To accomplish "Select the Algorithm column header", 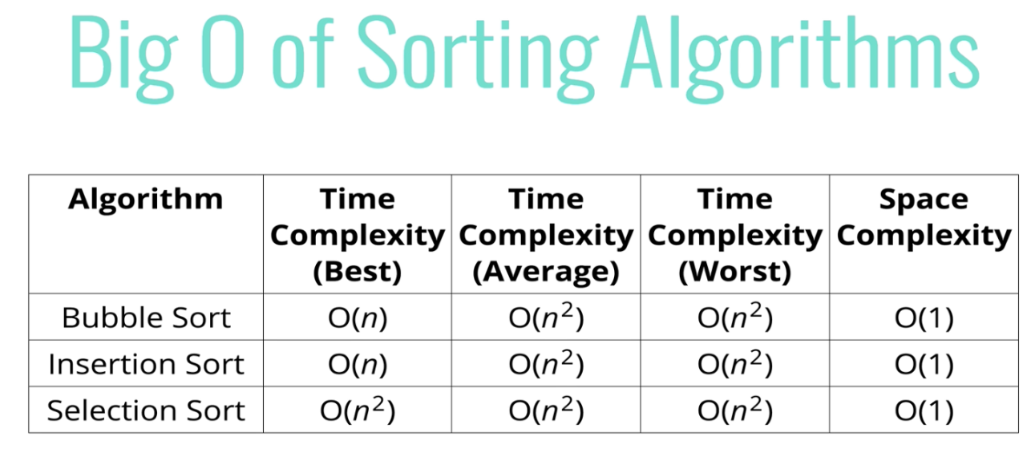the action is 145,200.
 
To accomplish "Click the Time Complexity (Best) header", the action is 358,235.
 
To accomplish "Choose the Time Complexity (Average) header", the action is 546,235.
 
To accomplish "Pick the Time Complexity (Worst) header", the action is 735,235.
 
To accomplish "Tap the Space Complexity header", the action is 924,218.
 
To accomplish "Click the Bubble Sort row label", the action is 146,317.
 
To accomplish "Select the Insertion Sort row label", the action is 146,364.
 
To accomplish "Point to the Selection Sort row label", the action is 146,410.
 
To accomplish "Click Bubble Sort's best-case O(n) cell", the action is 358,318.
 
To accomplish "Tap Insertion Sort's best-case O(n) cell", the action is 358,365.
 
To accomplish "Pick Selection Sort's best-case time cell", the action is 358,410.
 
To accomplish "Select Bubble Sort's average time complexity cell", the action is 546,317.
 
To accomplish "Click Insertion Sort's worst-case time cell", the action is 735,363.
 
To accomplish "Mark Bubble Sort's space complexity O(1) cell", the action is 924,318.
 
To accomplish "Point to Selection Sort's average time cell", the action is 546,410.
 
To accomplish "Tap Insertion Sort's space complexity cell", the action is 924,365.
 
